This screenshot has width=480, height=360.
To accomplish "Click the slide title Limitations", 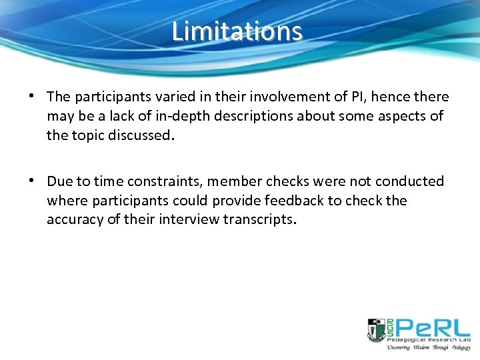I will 237,31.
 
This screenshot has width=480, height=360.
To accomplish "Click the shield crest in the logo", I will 376,329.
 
